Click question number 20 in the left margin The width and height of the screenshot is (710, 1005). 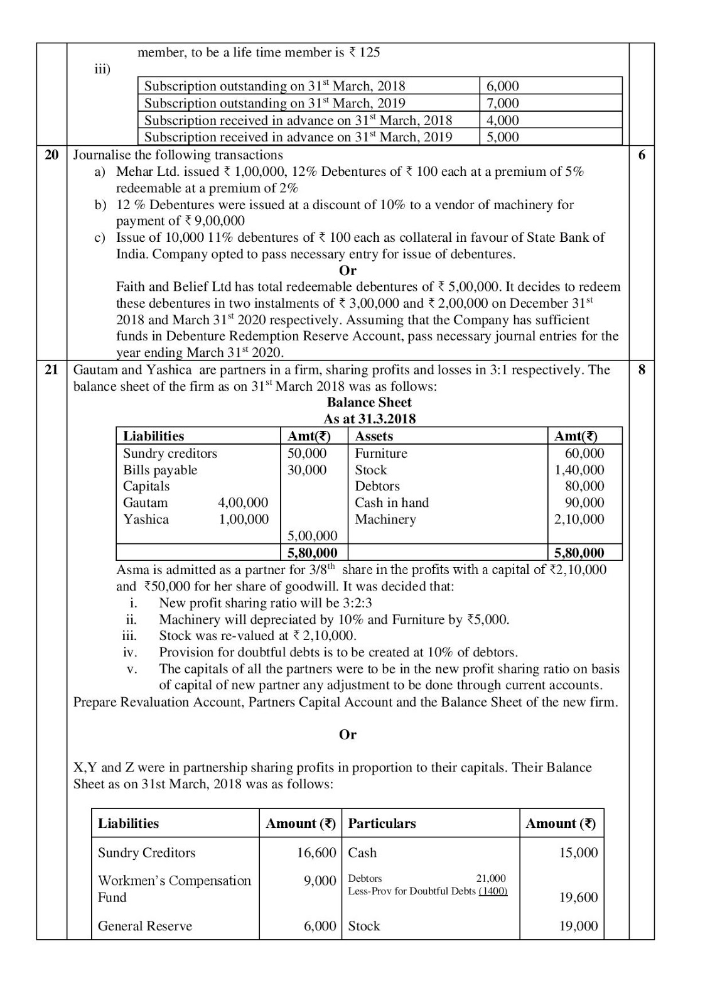(x=51, y=155)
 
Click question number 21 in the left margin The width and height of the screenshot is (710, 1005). (x=51, y=370)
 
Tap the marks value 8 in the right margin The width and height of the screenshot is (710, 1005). (x=641, y=370)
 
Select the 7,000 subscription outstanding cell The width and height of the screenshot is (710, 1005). (x=503, y=103)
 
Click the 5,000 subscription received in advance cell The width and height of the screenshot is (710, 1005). (x=503, y=137)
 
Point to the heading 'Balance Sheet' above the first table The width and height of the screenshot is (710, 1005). (x=369, y=403)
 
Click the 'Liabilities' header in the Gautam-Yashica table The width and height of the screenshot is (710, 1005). (x=153, y=437)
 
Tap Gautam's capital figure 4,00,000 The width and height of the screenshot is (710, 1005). (x=243, y=503)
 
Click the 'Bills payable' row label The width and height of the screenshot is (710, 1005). (x=160, y=470)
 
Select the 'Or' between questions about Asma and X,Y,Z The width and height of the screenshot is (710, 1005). (x=347, y=734)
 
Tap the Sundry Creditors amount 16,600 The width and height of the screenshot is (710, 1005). (x=316, y=853)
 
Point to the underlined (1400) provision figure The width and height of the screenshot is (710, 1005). (x=493, y=891)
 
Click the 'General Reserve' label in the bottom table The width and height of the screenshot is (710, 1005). (x=145, y=926)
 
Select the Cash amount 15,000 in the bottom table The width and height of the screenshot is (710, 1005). (x=578, y=853)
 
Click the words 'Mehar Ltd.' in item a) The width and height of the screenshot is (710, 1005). (x=143, y=171)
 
